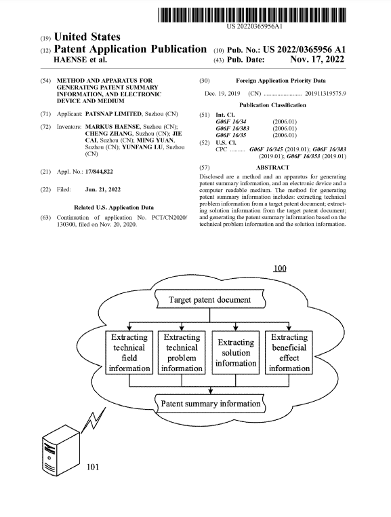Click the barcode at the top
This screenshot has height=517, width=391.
tap(252, 15)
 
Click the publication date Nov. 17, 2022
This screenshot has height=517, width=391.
tap(317, 59)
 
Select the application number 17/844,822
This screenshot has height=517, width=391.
tap(99, 172)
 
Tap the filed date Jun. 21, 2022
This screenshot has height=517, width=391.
tap(103, 189)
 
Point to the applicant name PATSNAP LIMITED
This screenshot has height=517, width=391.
tap(113, 114)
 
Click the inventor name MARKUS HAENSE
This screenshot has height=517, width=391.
tap(112, 127)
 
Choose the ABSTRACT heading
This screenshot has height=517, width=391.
tap(272, 168)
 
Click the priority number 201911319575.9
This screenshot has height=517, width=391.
tap(325, 94)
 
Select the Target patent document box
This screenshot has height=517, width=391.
tap(210, 299)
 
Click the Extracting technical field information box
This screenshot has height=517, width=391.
tap(129, 353)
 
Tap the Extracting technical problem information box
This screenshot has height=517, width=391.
tap(182, 353)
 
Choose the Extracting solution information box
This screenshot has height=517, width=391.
tap(236, 353)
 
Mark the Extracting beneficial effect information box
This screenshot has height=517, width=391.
tap(289, 353)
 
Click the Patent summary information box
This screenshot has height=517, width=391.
tap(210, 404)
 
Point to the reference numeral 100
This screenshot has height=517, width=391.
tap(280, 269)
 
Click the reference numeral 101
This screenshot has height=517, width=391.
tap(93, 467)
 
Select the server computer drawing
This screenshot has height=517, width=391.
tap(61, 451)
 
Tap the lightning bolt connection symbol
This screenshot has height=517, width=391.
tap(94, 421)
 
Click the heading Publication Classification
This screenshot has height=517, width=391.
tap(272, 105)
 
